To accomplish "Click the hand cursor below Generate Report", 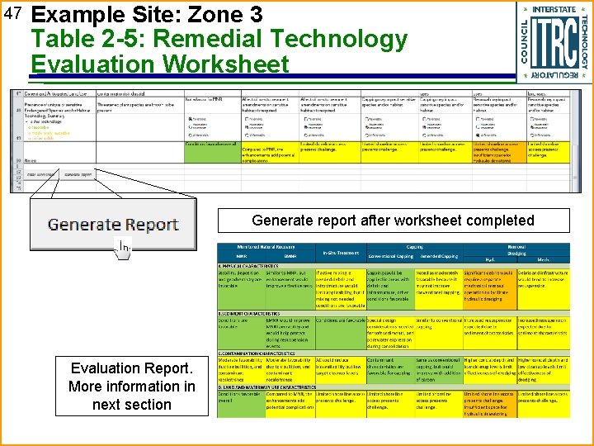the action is (x=123, y=247).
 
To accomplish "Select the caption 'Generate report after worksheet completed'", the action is (x=393, y=221).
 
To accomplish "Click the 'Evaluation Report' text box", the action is (x=132, y=387).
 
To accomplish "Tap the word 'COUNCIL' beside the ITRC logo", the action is (x=526, y=40).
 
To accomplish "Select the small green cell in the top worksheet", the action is (x=211, y=145).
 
